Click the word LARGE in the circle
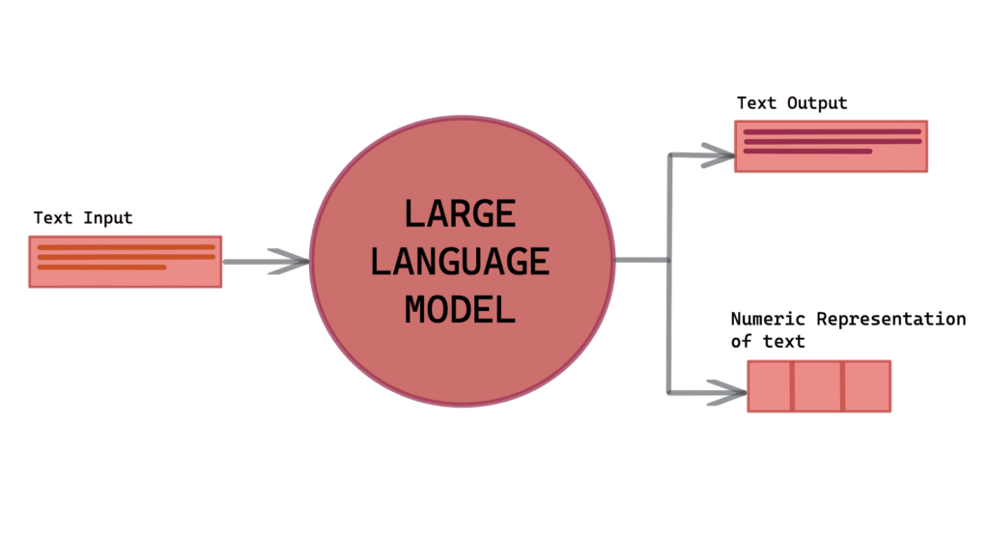(460, 213)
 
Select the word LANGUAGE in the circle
(460, 262)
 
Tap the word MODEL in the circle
(460, 310)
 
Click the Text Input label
(83, 218)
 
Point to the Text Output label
(792, 103)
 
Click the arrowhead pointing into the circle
(290, 261)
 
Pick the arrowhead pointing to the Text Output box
(720, 154)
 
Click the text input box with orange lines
(126, 262)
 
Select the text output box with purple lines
(831, 147)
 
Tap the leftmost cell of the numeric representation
(771, 386)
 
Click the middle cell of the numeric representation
(818, 386)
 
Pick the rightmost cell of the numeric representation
(866, 386)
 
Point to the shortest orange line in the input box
(102, 268)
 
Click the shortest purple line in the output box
(807, 152)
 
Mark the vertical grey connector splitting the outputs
(668, 290)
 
